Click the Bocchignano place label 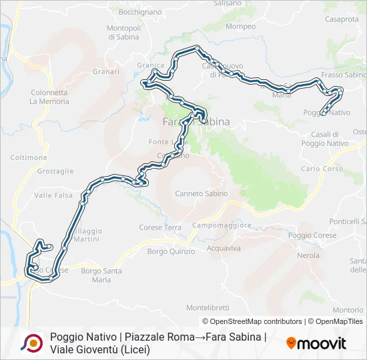coord(139,12)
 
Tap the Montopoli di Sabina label coord(123,33)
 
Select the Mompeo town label coord(241,27)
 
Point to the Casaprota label coord(342,19)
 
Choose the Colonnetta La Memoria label coord(49,97)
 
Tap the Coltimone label coord(29,157)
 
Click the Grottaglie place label coord(55,171)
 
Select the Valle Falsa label coord(53,195)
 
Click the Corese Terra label coord(160,227)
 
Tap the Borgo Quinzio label coord(171,251)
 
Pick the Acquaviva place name coord(224,248)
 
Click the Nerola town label coord(308,255)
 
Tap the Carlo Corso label coord(322,169)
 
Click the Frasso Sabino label coord(340,75)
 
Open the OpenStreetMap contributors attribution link coord(252,321)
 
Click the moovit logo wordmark coord(316,343)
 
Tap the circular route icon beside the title coord(31,343)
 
